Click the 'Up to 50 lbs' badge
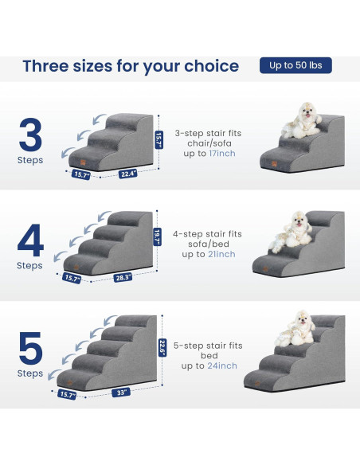tap(295, 65)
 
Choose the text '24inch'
tap(221, 365)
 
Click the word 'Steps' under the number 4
tap(30, 266)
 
